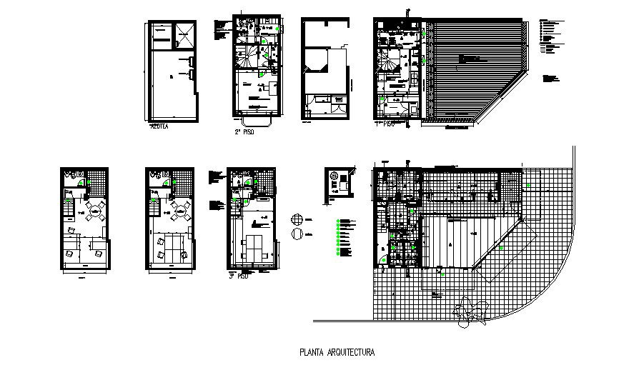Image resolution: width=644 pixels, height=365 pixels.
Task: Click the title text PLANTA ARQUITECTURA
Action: (335, 351)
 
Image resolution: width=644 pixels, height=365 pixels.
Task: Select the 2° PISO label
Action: (245, 131)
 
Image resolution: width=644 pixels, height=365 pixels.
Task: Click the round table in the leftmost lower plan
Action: (94, 209)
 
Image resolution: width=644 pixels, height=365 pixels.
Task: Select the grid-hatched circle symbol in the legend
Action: (297, 220)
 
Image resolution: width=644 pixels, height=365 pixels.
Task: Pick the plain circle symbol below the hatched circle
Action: (297, 234)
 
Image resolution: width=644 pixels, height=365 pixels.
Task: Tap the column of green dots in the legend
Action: (337, 236)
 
